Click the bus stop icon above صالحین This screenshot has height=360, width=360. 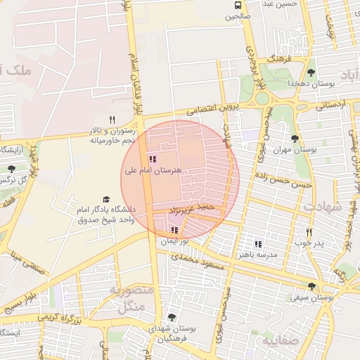pyautogui.click(x=238, y=6)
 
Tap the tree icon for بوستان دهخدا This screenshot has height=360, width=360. pyautogui.click(x=311, y=72)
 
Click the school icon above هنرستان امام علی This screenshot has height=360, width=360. pyautogui.click(x=153, y=159)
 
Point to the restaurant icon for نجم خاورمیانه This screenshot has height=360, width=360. pyautogui.click(x=112, y=120)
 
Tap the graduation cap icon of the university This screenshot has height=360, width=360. pyautogui.click(x=106, y=200)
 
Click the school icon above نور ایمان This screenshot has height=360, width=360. pyautogui.click(x=174, y=230)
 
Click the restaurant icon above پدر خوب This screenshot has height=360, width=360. pyautogui.click(x=309, y=232)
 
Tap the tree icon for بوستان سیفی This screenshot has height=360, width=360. pyautogui.click(x=311, y=286)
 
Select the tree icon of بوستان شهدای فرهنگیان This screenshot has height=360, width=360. pyautogui.click(x=172, y=318)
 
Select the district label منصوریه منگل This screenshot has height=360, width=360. pyautogui.click(x=127, y=298)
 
